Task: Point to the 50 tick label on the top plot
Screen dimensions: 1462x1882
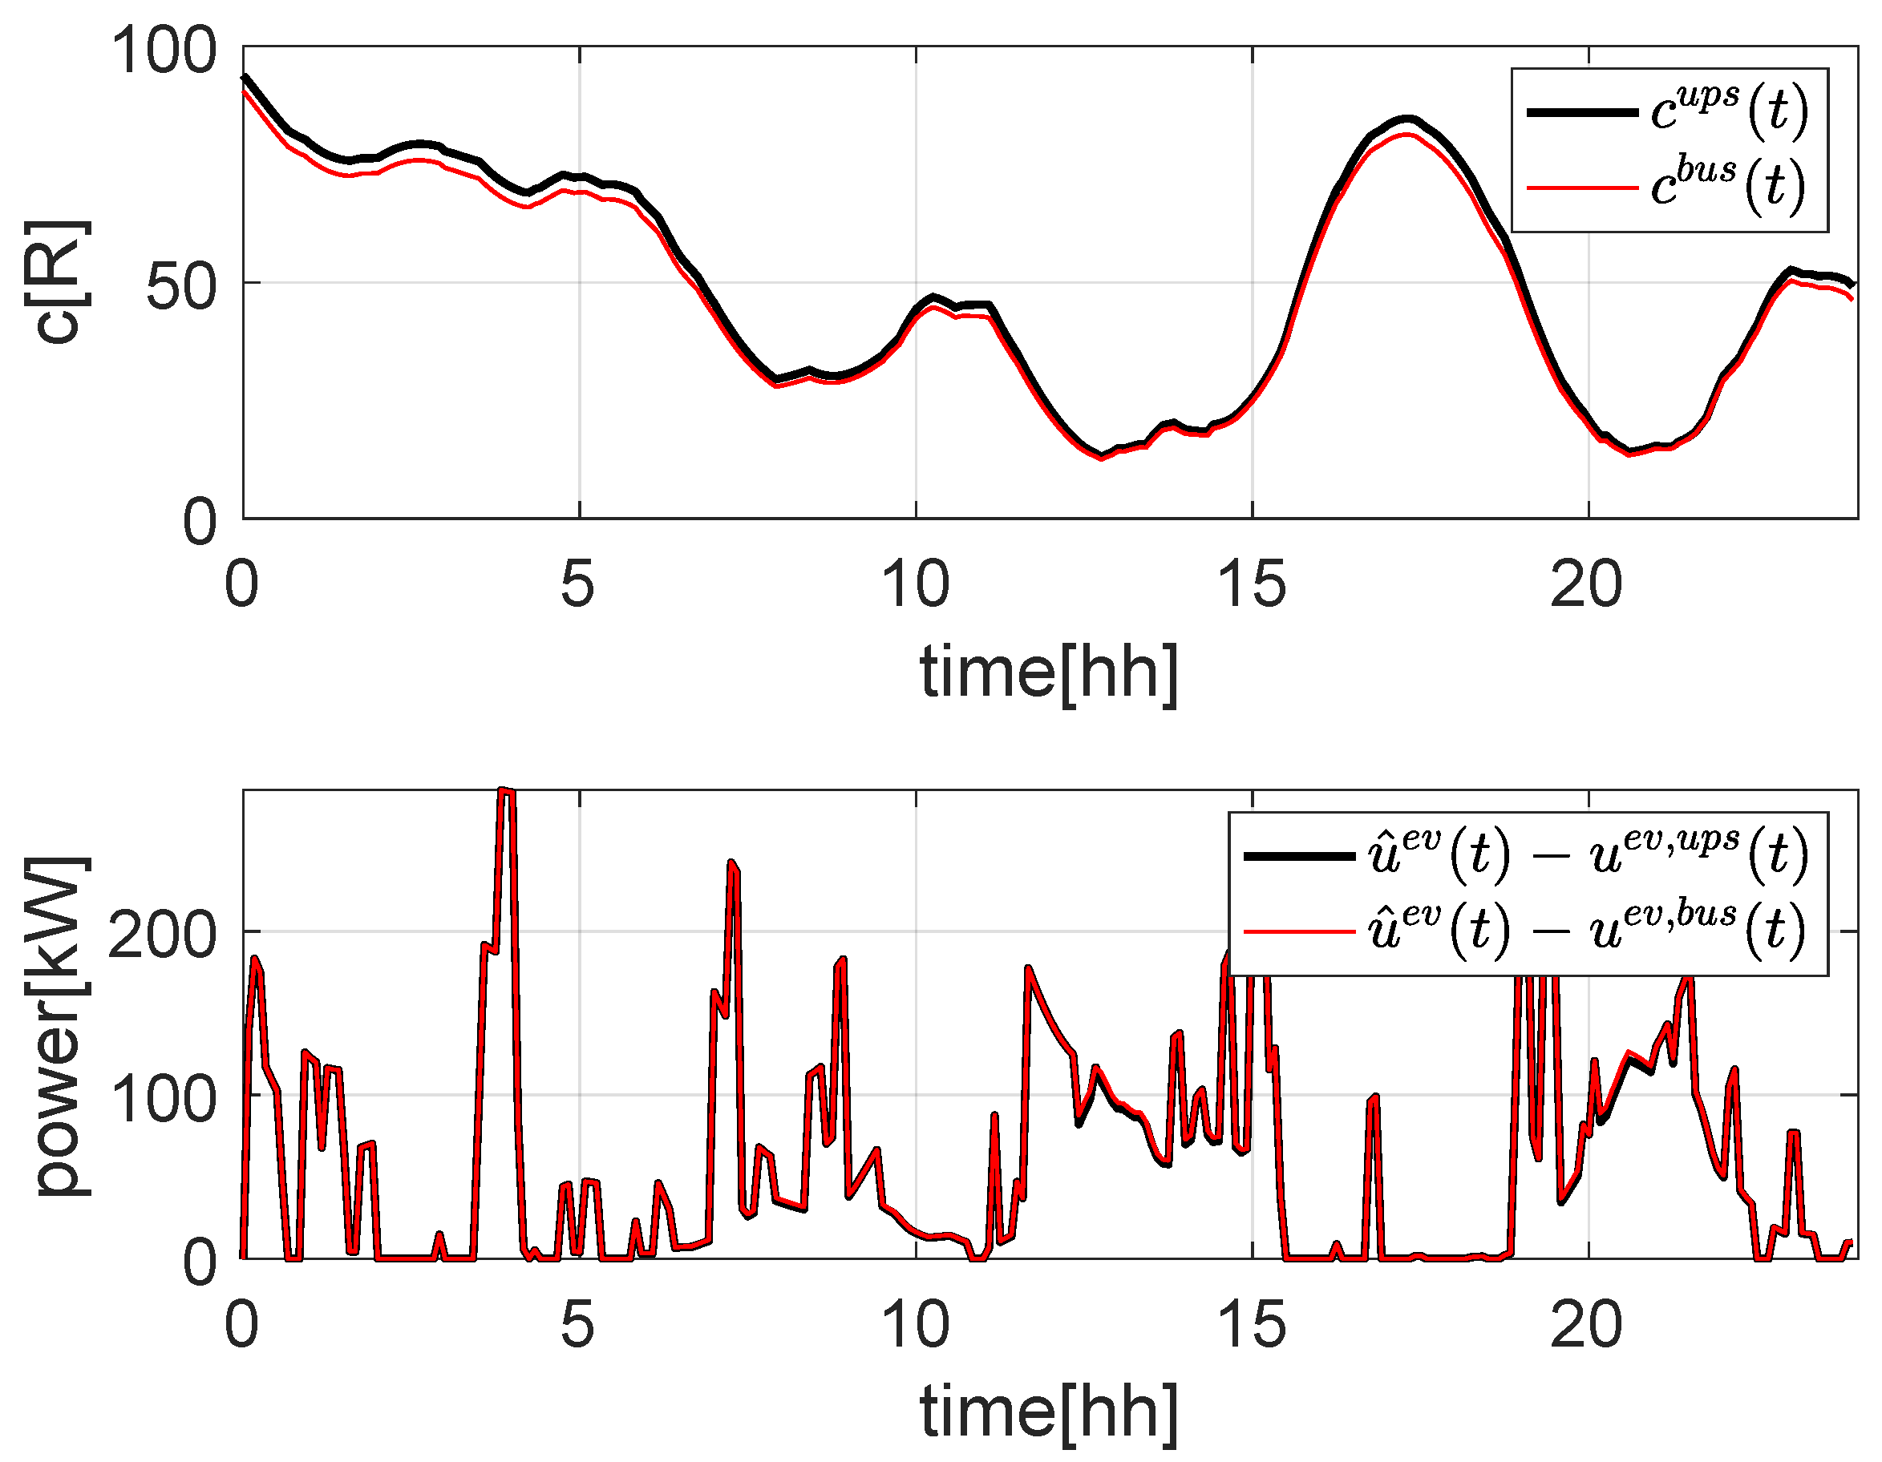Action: coord(181,287)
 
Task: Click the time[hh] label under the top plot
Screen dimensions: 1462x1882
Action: coord(1049,672)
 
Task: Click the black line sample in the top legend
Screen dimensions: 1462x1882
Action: coord(1582,112)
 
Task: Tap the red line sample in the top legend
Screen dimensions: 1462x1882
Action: coord(1582,187)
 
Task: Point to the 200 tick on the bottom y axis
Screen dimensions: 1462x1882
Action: coord(161,935)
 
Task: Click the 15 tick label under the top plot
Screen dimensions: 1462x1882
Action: coord(1251,585)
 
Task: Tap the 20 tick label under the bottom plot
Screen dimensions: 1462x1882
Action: coord(1585,1324)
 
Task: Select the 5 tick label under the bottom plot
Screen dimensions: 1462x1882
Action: coord(577,1324)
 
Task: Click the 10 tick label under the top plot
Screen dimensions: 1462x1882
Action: coord(915,585)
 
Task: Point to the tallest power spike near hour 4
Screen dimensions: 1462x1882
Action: coord(507,791)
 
